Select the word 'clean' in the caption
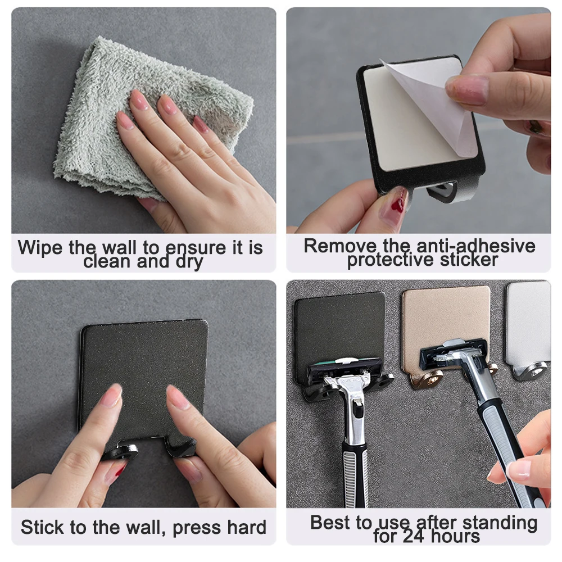point(106,262)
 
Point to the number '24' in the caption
point(417,536)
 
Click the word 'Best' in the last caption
point(333,523)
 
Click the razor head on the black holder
point(344,368)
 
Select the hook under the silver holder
point(531,371)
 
